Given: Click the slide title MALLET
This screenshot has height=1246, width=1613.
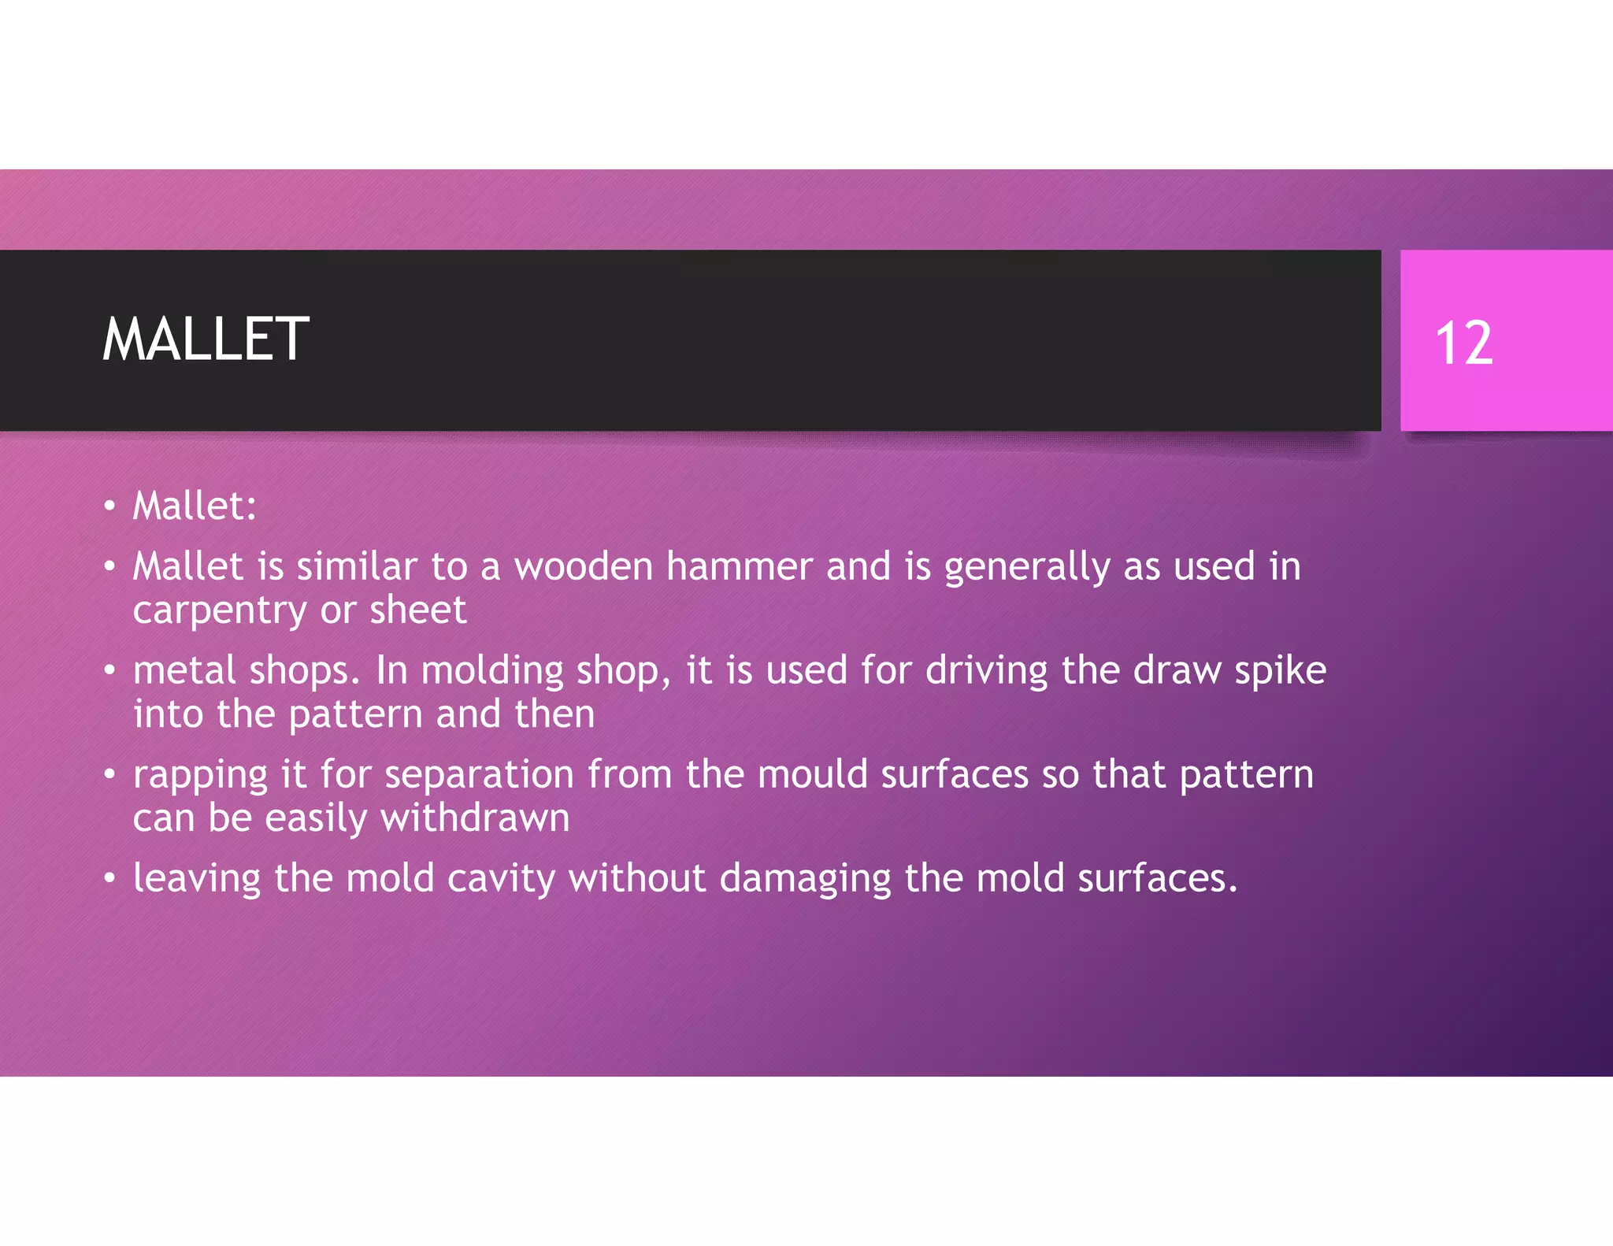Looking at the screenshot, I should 206,339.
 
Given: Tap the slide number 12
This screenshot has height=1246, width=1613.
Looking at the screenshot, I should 1463,343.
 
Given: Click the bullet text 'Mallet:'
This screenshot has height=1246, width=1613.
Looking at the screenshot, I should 195,506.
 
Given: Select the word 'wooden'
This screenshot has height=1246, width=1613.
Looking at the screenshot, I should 584,566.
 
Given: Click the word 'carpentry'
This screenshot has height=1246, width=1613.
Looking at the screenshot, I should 220,611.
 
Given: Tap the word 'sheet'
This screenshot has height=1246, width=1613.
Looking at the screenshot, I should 417,610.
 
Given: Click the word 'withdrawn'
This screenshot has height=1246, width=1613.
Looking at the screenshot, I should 475,818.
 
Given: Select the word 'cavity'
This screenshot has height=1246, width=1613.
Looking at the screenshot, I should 501,879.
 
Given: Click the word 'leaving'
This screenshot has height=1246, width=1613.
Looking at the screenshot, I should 196,879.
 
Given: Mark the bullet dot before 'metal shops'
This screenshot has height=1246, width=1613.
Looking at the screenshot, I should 109,671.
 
